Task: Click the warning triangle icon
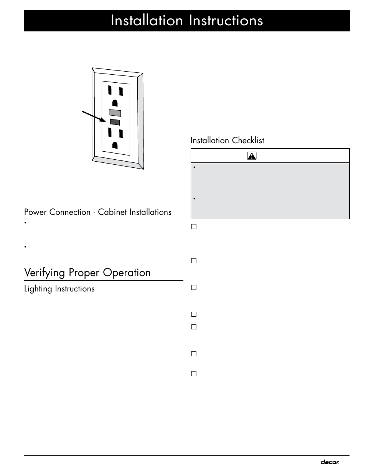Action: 252,156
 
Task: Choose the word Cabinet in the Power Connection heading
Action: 112,212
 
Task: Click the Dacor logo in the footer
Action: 330,462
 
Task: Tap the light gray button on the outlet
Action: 115,113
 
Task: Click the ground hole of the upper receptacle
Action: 115,103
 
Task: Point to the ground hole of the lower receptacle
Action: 115,145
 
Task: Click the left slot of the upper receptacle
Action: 110,90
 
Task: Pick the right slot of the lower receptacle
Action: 121,134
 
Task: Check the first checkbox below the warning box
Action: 194,227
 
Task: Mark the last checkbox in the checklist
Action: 194,373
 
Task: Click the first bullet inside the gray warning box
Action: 195,168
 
